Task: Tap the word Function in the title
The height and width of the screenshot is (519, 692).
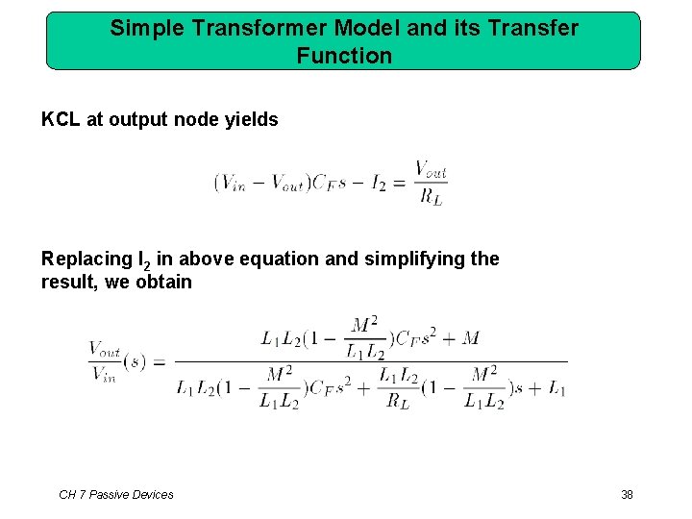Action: [344, 56]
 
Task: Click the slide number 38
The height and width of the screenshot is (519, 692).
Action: [627, 494]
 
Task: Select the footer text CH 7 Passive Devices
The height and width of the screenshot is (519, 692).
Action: [116, 494]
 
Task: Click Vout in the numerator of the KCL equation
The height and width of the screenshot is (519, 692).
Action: [431, 170]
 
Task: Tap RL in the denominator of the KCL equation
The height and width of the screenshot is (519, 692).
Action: [431, 197]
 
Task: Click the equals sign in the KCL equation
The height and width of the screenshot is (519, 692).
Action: [399, 184]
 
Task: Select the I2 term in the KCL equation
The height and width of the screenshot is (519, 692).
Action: [378, 184]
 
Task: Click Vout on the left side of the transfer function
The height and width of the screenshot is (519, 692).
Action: [105, 350]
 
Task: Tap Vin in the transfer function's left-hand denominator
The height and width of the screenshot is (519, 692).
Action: [103, 376]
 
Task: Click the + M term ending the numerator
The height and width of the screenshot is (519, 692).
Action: [461, 337]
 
